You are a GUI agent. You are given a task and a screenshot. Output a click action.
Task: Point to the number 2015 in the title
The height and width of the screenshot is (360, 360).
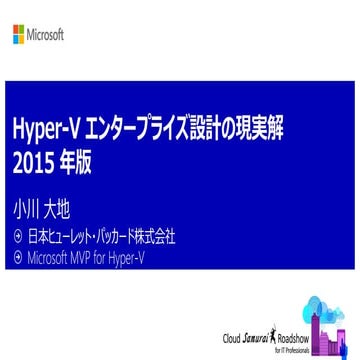coord(31,163)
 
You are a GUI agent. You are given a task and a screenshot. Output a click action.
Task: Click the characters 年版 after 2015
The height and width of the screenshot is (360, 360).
coord(75,163)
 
